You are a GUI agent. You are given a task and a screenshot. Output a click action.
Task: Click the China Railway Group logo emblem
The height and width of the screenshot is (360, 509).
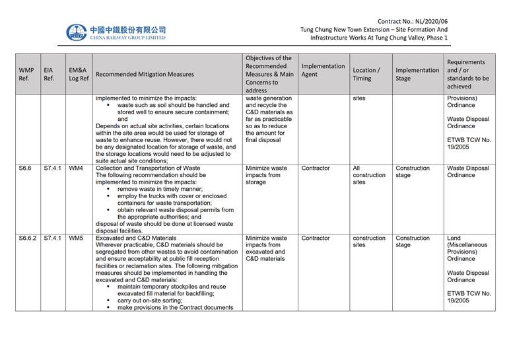[x=76, y=32]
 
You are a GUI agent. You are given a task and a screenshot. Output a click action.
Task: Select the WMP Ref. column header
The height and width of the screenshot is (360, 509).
[x=26, y=74]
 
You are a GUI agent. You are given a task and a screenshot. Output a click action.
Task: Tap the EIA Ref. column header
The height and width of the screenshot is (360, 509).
[x=49, y=74]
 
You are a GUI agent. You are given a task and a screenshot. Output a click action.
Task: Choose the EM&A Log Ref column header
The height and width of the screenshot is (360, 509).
[x=78, y=74]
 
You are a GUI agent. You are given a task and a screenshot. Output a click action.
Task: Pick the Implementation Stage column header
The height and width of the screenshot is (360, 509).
[x=417, y=74]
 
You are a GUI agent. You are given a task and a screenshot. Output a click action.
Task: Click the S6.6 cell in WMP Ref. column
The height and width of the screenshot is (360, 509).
[x=26, y=168]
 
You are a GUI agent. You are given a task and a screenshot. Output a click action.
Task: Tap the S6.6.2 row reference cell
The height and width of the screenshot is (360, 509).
[x=28, y=238]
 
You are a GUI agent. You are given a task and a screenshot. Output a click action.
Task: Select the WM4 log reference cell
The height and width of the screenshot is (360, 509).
[x=76, y=168]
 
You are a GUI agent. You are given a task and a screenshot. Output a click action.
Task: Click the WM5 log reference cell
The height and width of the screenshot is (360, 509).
[x=76, y=238]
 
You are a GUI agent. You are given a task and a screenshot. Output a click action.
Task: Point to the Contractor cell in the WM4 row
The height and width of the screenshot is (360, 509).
[x=316, y=168]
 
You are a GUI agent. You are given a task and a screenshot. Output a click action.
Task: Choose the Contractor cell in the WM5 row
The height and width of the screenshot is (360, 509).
[x=316, y=238]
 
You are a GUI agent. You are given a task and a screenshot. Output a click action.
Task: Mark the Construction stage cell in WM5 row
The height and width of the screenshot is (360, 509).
[x=413, y=242]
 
